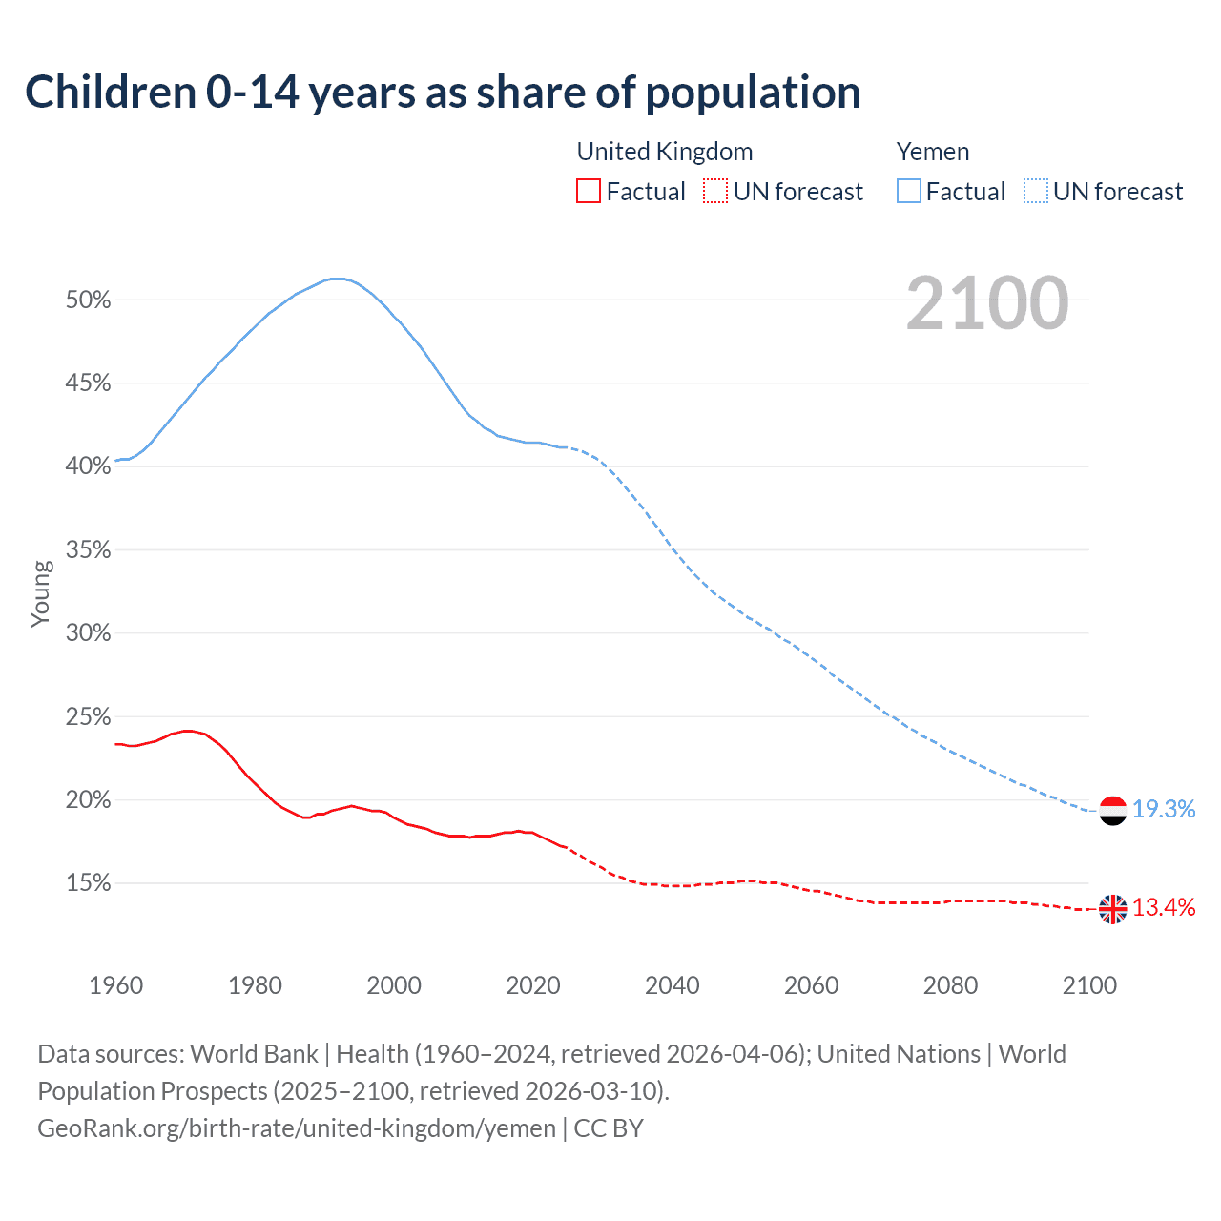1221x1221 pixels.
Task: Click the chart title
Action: point(443,93)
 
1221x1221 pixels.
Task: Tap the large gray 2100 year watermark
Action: point(987,303)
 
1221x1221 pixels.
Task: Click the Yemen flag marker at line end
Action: point(1112,810)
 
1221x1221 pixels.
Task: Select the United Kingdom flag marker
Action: point(1112,909)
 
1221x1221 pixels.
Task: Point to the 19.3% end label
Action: point(1164,810)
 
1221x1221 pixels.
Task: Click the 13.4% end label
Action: point(1164,907)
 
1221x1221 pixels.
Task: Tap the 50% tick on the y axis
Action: point(88,300)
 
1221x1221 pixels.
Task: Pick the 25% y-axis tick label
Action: point(88,717)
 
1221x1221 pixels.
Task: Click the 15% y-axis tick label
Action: point(88,884)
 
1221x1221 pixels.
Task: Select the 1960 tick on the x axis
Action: point(115,985)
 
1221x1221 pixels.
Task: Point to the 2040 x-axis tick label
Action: point(672,985)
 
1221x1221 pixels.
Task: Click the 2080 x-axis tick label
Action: point(950,985)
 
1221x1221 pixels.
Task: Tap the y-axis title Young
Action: point(41,593)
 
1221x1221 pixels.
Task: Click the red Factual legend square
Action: point(589,192)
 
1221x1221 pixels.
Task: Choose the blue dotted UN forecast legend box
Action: point(1036,192)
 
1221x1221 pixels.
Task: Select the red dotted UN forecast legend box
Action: point(715,192)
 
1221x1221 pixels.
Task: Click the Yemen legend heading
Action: point(933,152)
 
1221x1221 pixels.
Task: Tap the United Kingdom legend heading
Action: point(665,152)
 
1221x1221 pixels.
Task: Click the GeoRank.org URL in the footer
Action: point(296,1128)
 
